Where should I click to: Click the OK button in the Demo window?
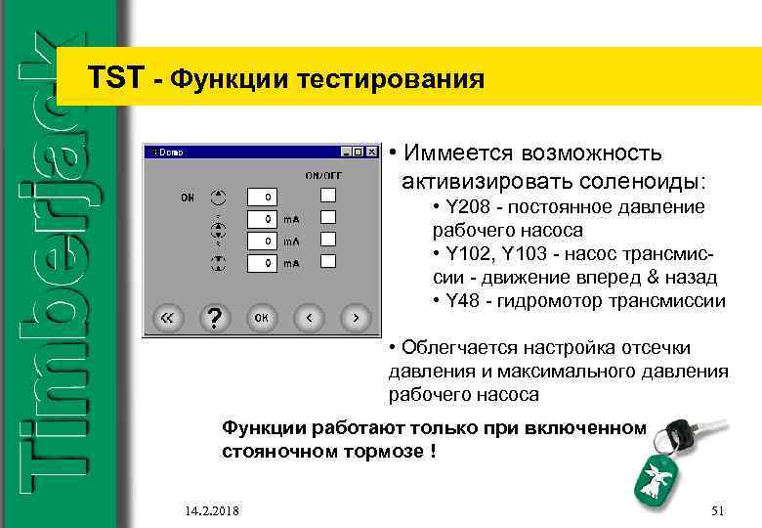(262, 318)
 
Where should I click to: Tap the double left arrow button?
(167, 318)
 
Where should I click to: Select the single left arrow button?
(310, 318)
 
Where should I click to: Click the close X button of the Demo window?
(370, 153)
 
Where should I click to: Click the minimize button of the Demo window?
(345, 153)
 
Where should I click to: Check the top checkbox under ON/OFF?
(330, 194)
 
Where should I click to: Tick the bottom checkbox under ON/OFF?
(330, 261)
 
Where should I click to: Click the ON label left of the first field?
(186, 197)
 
